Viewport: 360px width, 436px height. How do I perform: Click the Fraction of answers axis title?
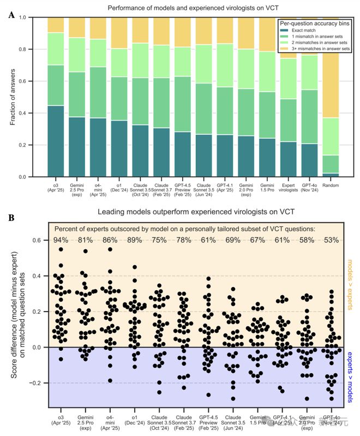13,97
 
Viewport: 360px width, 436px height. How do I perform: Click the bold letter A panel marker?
11,15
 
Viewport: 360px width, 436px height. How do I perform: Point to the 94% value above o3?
61,240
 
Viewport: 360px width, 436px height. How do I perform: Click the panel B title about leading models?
189,212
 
